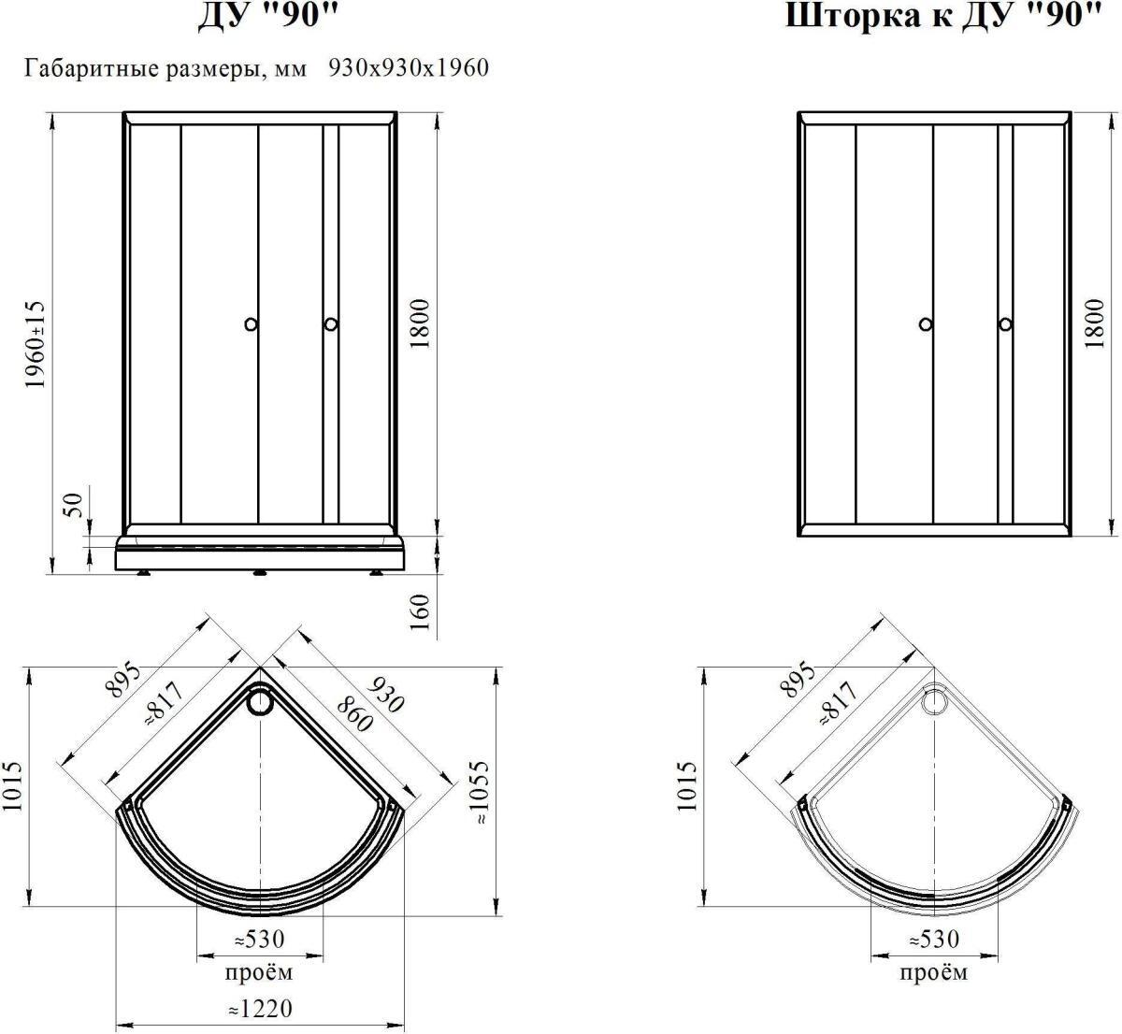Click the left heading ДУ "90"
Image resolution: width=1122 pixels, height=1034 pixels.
[269, 16]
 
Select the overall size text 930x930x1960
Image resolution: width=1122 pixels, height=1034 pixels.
[409, 67]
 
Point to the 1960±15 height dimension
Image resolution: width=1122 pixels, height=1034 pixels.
[34, 345]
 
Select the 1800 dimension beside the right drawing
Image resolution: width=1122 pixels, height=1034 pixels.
[1095, 323]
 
